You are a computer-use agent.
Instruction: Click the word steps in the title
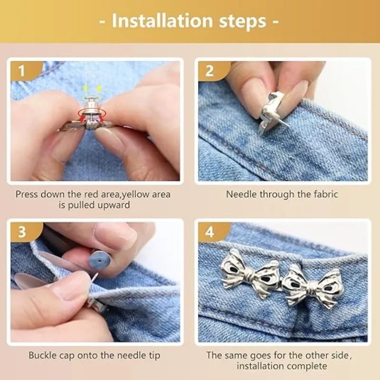[244, 21]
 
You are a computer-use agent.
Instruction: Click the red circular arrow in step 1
[88, 113]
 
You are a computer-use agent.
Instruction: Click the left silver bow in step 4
[249, 272]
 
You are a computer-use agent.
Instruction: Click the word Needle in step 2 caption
[240, 194]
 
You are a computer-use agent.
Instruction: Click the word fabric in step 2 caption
[324, 194]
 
